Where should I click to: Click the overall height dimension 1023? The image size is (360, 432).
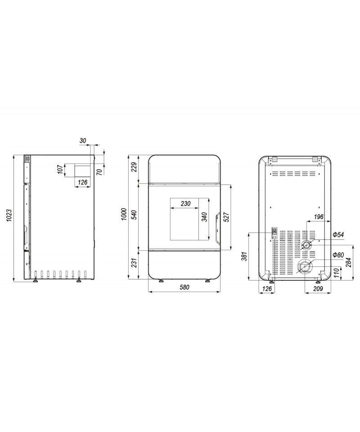[x=9, y=218]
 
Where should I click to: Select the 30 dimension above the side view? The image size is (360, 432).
[x=83, y=140]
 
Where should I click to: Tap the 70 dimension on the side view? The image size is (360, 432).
[x=100, y=171]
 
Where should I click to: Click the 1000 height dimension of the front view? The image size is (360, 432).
[x=124, y=214]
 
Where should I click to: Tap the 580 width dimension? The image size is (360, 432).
[x=184, y=287]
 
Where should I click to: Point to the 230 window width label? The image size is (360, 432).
[x=186, y=203]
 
